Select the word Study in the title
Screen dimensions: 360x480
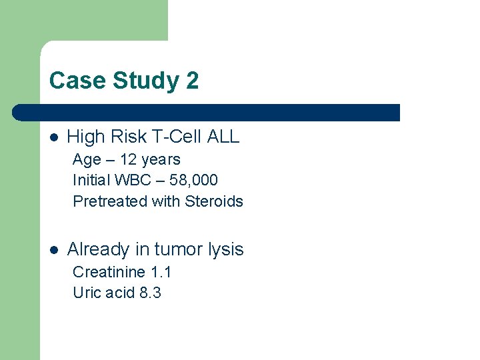tap(145, 81)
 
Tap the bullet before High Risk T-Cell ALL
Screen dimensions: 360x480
tap(54, 137)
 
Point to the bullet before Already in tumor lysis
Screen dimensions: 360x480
tap(54, 250)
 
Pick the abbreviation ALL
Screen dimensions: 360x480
tap(223, 137)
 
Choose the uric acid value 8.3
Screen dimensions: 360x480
tap(151, 293)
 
